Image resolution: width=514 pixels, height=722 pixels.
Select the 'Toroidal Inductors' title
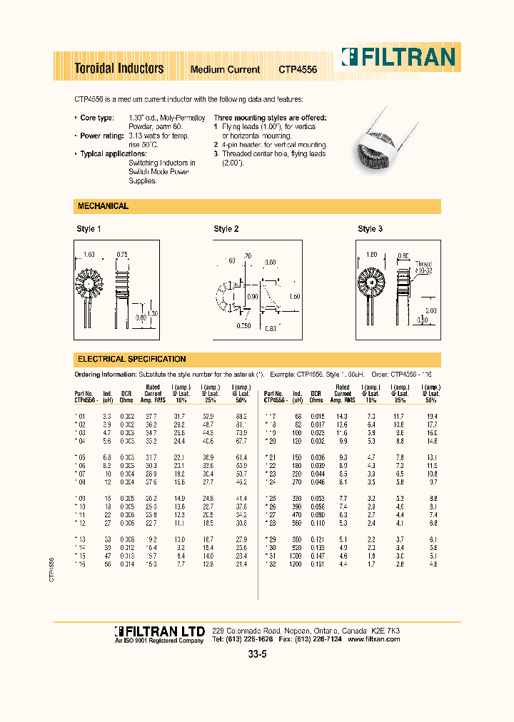(119, 68)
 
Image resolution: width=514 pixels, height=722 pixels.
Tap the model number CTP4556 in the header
(298, 70)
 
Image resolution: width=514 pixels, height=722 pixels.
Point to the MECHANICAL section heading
(102, 206)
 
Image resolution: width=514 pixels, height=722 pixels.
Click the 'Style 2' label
(226, 229)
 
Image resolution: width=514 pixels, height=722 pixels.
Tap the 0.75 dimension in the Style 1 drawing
(122, 255)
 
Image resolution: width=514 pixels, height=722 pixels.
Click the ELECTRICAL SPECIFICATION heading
(131, 359)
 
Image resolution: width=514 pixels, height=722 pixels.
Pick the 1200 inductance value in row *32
(295, 564)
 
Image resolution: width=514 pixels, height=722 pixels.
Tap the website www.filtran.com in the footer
(373, 639)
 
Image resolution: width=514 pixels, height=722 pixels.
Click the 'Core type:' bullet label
(96, 117)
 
